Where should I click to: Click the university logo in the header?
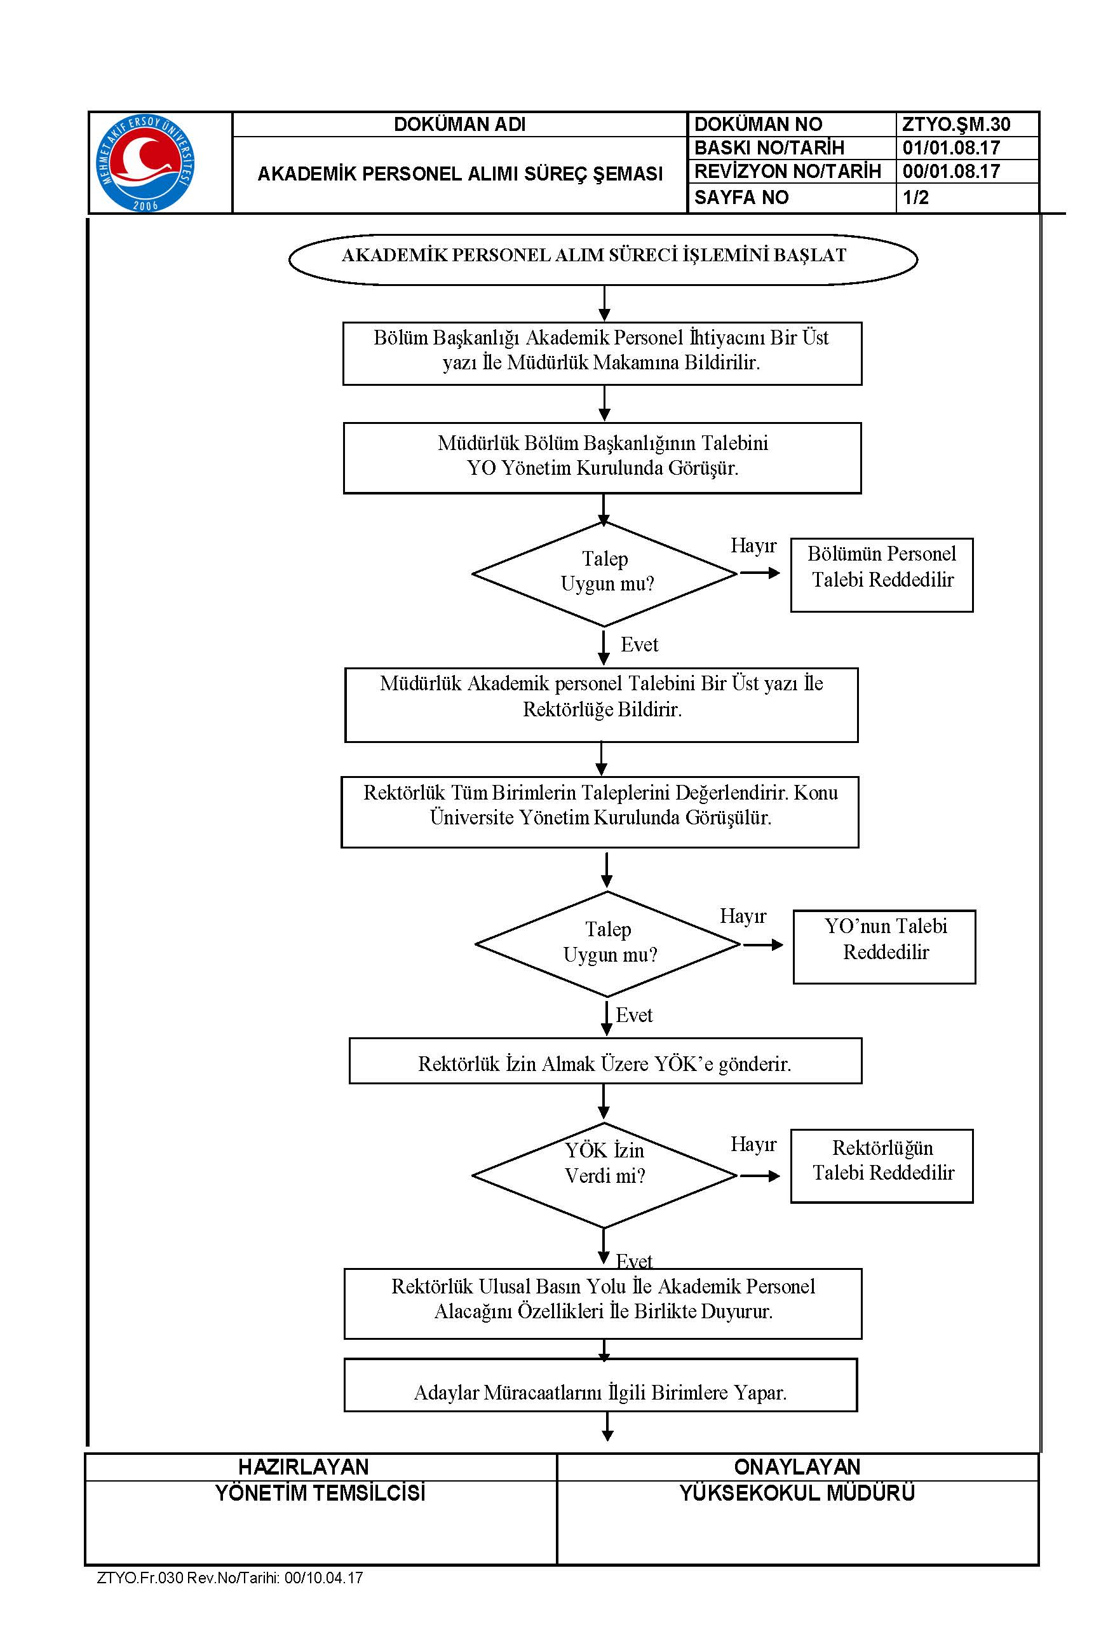[145, 163]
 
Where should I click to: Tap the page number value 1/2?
[915, 198]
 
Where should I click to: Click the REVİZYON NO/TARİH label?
[788, 172]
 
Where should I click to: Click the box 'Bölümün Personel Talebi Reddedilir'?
[882, 575]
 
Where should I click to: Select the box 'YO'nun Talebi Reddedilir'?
[885, 947]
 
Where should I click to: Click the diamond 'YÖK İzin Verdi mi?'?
[604, 1175]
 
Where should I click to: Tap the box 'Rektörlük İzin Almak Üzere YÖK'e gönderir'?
[605, 1061]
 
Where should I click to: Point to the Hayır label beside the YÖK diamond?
[753, 1145]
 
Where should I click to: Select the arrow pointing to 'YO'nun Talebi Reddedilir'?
[763, 945]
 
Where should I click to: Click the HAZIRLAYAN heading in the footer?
[304, 1466]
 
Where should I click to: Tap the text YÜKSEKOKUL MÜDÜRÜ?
[797, 1493]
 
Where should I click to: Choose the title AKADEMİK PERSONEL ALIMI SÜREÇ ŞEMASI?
[460, 174]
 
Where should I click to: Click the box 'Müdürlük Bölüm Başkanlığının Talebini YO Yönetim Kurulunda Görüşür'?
[602, 458]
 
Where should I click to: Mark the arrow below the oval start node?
[604, 304]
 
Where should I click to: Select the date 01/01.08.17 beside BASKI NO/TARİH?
[951, 148]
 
